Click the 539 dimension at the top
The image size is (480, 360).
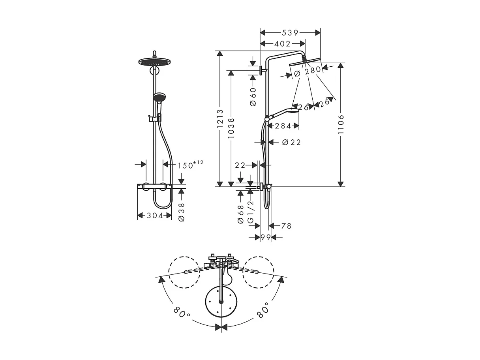coord(290,33)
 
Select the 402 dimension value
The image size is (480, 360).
coord(282,43)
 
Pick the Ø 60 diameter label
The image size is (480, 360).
coord(253,96)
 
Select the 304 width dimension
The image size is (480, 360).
coord(154,216)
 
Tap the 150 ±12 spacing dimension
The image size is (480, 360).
coord(190,165)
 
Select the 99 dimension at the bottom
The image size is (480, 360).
coord(265,237)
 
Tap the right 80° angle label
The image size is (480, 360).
coord(262,310)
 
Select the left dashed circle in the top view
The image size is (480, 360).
coord(184,272)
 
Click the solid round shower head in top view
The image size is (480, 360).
coord(221,302)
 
